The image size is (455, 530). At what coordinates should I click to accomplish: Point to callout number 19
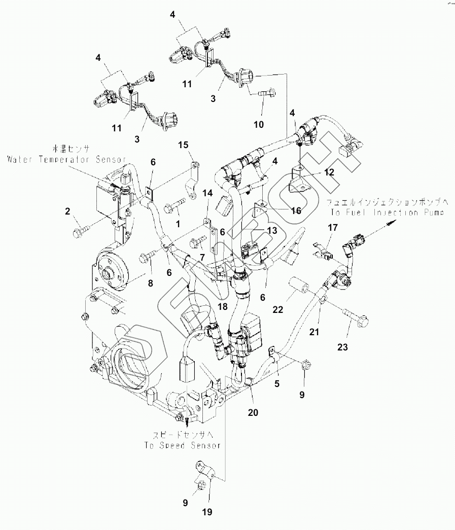[x=206, y=512]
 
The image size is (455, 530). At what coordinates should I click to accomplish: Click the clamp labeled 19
[x=207, y=471]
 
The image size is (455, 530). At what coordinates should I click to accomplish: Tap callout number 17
[x=333, y=229]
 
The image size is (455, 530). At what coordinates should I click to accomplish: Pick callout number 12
[x=329, y=172]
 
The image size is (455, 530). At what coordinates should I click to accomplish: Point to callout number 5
[x=276, y=384]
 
